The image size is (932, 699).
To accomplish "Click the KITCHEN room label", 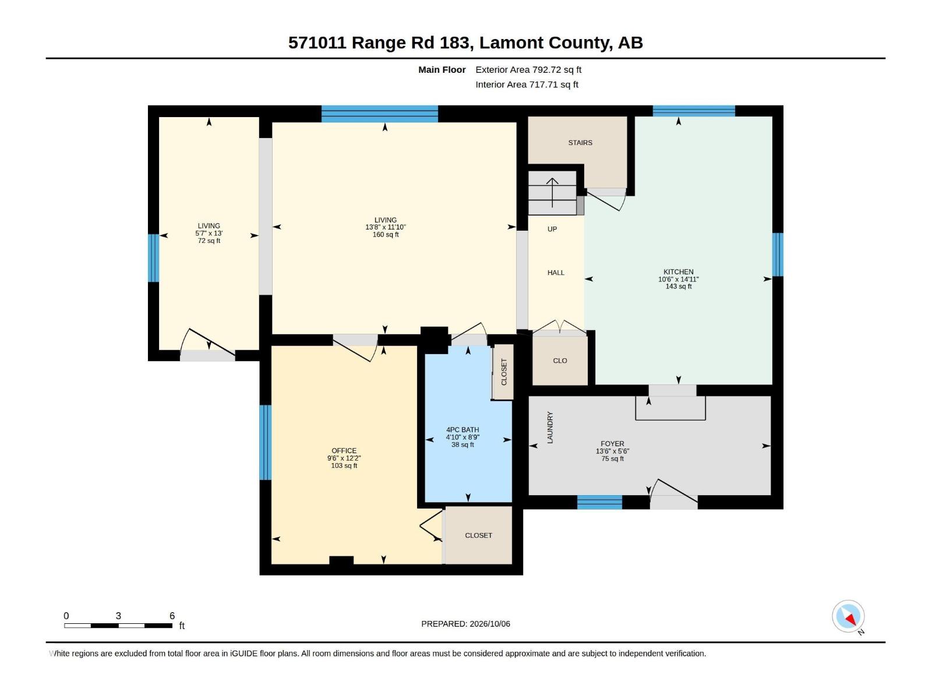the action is [678, 271].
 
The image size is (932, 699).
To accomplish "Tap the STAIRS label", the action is [580, 143].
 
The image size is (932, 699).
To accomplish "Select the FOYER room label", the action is [612, 443].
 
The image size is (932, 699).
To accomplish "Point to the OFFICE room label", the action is [344, 451].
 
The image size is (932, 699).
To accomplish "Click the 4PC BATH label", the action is [463, 429].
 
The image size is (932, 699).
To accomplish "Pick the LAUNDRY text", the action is [550, 428].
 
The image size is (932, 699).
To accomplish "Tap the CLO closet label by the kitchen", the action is [560, 361].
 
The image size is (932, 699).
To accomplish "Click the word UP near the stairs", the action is [552, 229].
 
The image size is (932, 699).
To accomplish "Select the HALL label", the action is [555, 273].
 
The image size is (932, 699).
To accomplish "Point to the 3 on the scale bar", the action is [118, 615].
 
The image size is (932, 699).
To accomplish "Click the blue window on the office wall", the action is [265, 442].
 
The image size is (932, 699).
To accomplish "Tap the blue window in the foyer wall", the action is [599, 502].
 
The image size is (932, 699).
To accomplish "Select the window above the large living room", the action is [380, 114].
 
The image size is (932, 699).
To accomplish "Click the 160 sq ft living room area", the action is [386, 234].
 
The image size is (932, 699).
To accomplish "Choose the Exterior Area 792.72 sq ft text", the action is [528, 69].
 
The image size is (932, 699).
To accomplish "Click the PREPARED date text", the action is [465, 624].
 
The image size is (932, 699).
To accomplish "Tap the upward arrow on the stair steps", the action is [552, 192].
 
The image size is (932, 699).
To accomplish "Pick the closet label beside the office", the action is [479, 535].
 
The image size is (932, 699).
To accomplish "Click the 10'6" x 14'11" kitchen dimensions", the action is [678, 279].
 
